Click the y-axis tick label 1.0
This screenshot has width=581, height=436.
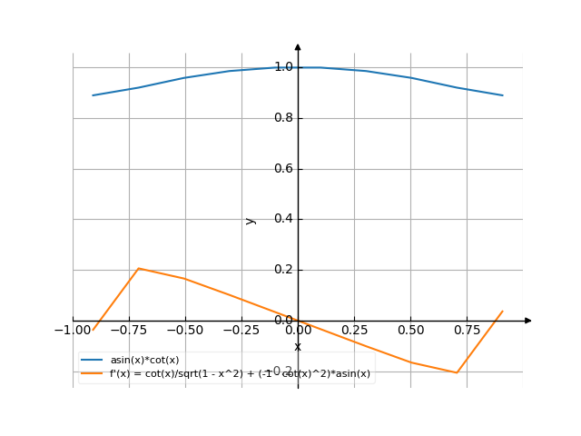(283, 67)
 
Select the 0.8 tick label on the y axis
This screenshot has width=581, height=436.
(283, 118)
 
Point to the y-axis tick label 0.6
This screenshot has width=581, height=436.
(283, 169)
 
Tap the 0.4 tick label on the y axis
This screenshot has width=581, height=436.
(283, 219)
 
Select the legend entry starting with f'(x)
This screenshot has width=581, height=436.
(240, 373)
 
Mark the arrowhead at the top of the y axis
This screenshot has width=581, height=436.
(298, 45)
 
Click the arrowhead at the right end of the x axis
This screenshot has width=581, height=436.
(528, 321)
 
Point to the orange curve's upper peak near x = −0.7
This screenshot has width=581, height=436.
(139, 268)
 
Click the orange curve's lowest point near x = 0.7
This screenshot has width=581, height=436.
(457, 372)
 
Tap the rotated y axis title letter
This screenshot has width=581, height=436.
(251, 220)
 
